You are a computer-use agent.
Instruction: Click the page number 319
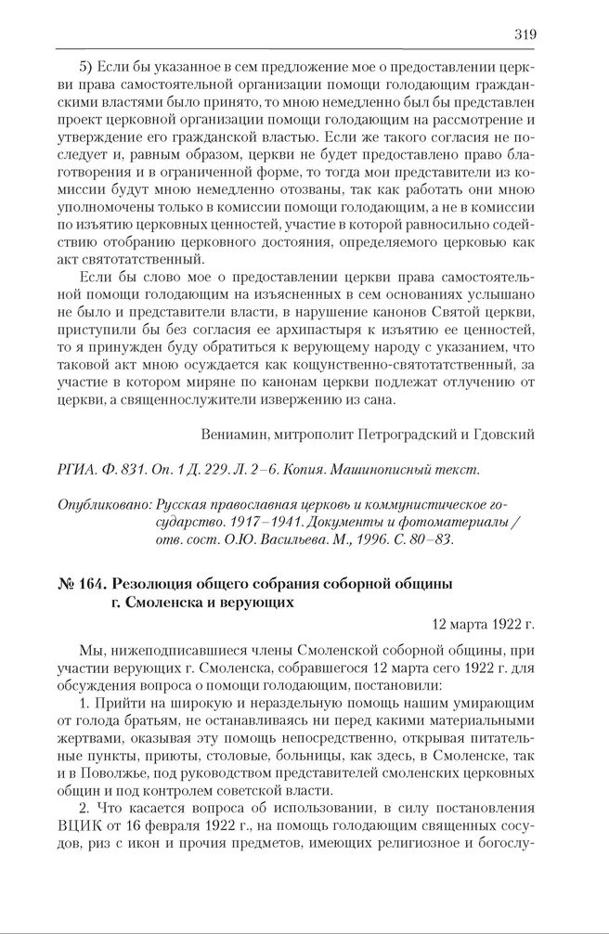pos(524,34)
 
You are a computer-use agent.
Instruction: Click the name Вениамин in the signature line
pos(233,433)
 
